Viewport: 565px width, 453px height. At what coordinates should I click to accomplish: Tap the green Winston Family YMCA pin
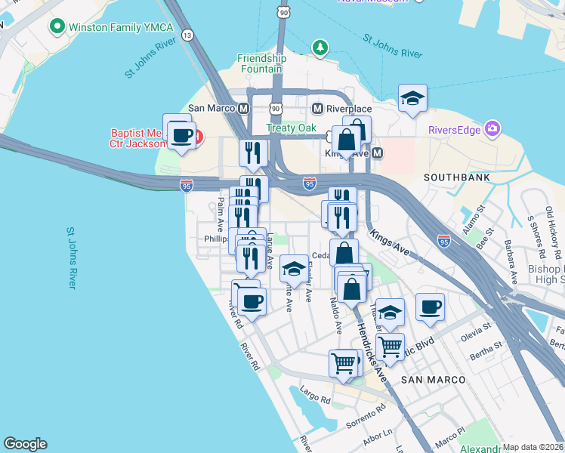[x=56, y=28]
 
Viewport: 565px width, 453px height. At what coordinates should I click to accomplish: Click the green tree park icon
[x=321, y=48]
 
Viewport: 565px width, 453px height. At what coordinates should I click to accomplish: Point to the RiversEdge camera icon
[x=493, y=128]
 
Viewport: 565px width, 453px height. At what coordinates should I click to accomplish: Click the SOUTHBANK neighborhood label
[x=457, y=177]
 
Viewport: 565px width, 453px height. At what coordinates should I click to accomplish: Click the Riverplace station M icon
[x=318, y=108]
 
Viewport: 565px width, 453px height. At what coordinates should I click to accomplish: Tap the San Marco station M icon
[x=243, y=108]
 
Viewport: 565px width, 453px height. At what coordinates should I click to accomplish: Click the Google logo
[x=25, y=444]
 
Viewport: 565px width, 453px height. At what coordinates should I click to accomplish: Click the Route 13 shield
[x=187, y=35]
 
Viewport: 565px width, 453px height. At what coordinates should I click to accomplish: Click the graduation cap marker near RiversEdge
[x=412, y=98]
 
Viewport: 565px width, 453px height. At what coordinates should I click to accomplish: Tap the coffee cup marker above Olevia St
[x=430, y=307]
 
